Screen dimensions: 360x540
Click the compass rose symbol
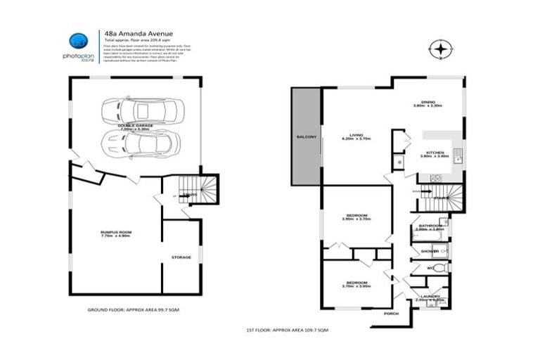441,50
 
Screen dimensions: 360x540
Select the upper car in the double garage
143,112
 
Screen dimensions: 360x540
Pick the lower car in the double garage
141,144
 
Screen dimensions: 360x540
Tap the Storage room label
181,257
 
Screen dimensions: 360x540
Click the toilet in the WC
438,268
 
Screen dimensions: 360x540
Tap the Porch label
391,314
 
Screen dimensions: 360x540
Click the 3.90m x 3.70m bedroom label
356,217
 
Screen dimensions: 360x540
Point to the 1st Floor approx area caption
288,330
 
